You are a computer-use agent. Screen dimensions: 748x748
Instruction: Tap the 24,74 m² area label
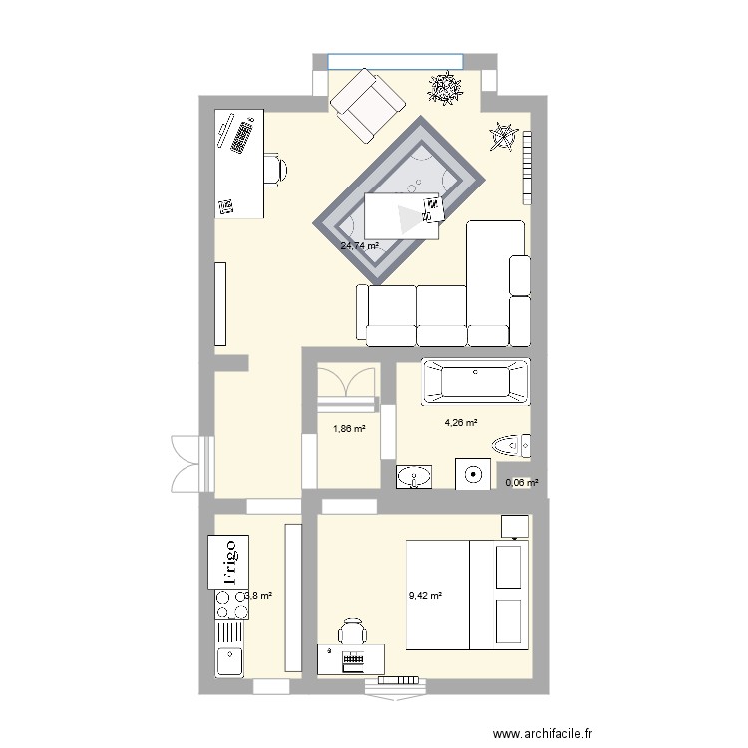[359, 246]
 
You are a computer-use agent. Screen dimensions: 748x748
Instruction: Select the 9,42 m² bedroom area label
[425, 597]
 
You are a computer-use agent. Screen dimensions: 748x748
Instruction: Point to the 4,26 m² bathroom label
[460, 422]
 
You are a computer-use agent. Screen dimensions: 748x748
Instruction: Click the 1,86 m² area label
[348, 430]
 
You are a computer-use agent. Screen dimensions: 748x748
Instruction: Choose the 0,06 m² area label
[522, 483]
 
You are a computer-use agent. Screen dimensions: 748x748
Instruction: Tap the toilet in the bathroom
[512, 445]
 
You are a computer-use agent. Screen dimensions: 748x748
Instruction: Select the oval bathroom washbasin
[414, 476]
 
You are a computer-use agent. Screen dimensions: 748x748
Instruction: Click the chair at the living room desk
[274, 169]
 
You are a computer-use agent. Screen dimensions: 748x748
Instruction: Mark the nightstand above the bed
[515, 525]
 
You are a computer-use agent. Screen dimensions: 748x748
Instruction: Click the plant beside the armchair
[445, 89]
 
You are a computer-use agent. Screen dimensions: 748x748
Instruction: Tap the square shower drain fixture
[474, 474]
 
